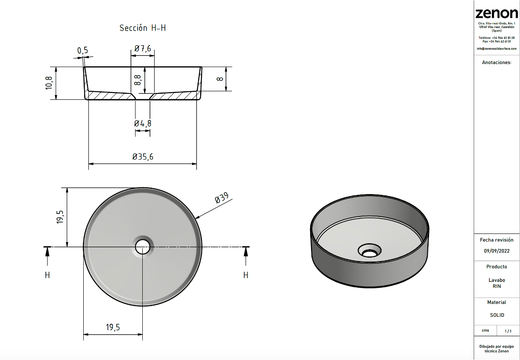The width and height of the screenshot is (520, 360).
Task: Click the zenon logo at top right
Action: point(496,14)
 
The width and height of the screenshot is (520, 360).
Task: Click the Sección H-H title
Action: point(142,28)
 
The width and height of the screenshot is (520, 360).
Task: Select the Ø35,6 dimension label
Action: point(143,157)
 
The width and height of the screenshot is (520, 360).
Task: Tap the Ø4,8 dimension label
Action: point(143,124)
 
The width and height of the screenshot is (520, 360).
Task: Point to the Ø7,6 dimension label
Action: point(143,49)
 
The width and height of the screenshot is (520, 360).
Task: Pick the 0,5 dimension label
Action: point(82,51)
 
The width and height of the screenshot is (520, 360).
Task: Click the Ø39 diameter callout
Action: point(221,198)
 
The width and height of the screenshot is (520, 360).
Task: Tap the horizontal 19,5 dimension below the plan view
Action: point(113,327)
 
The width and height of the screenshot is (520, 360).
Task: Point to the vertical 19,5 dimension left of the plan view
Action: point(60,217)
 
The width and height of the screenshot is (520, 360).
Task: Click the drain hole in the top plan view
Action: point(143,246)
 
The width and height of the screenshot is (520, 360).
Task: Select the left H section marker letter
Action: point(47,275)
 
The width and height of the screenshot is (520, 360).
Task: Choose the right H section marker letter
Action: point(246,275)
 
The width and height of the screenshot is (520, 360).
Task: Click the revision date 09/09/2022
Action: point(496,250)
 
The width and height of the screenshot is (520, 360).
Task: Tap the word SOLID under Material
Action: point(497,315)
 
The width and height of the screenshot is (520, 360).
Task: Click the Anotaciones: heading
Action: point(497,62)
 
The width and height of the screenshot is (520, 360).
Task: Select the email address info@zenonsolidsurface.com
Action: point(497,48)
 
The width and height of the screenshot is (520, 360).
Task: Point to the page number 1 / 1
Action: point(508,331)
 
